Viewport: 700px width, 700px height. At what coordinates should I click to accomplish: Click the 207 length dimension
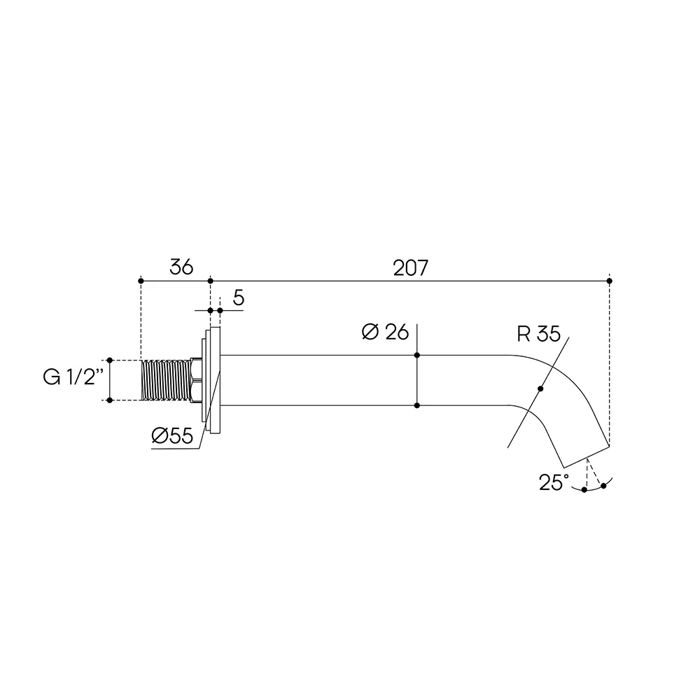[410, 268]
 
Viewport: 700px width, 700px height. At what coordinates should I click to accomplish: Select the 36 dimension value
[181, 267]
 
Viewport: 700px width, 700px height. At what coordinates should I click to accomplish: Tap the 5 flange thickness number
[239, 297]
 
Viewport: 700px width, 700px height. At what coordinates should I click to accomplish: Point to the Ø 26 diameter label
[385, 332]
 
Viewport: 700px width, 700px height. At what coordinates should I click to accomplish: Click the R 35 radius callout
[539, 334]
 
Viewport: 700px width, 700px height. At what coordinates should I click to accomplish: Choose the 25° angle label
[554, 482]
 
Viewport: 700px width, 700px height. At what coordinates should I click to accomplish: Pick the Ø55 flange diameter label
[172, 435]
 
